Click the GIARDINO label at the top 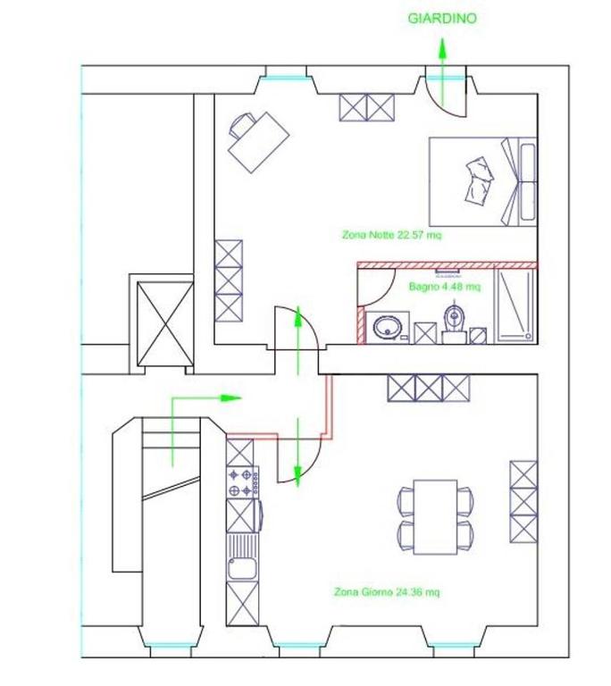click(x=442, y=19)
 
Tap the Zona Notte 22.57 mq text click(x=392, y=235)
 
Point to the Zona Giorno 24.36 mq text click(x=387, y=592)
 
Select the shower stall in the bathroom click(x=515, y=305)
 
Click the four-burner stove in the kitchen click(x=242, y=482)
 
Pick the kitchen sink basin click(x=242, y=568)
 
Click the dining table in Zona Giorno click(x=436, y=517)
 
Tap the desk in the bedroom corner click(x=259, y=143)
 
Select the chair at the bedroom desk click(x=241, y=124)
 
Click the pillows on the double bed click(x=479, y=180)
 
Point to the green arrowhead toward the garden click(x=442, y=48)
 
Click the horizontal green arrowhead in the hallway click(x=230, y=398)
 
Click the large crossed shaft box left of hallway click(x=165, y=323)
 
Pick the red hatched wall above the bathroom click(x=448, y=265)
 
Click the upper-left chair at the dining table click(x=406, y=501)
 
